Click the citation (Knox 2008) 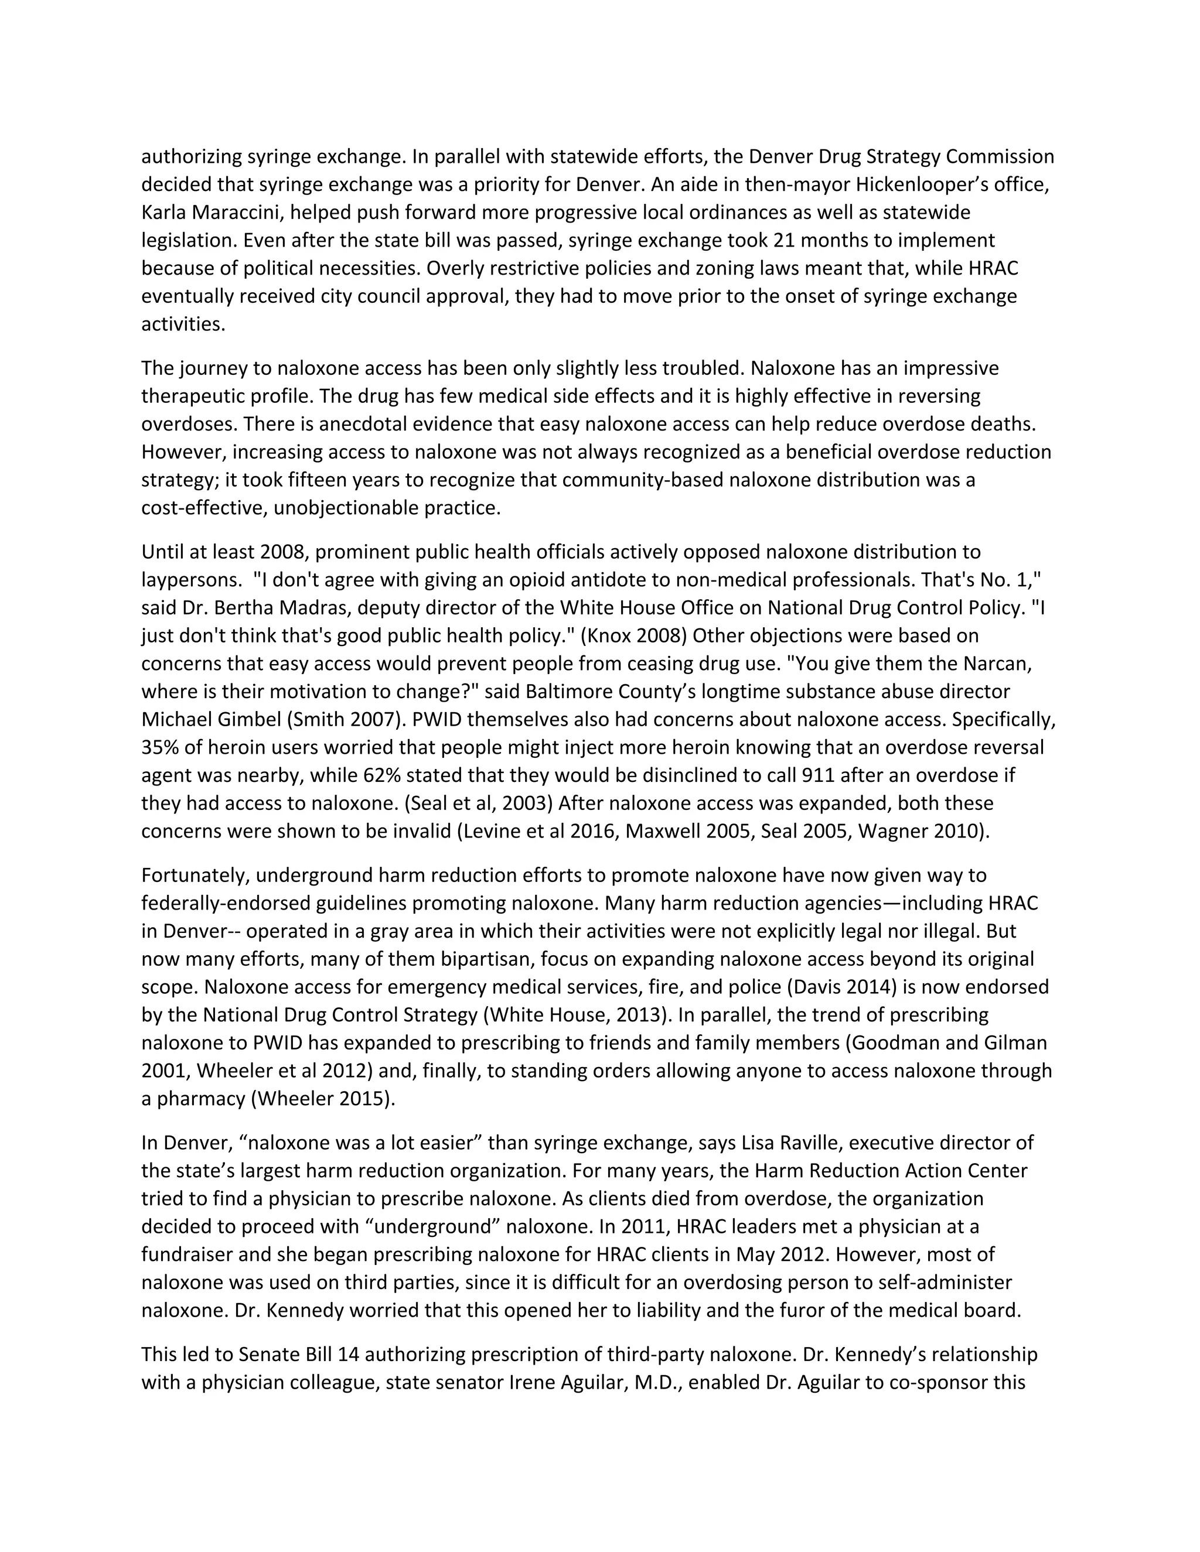point(633,635)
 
